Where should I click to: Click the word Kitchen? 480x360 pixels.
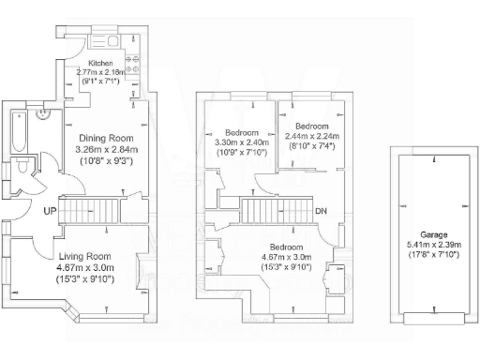pos(75,62)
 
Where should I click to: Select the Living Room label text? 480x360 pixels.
pos(85,256)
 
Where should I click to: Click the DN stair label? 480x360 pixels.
pos(322,211)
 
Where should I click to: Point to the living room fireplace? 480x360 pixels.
pos(143,269)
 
